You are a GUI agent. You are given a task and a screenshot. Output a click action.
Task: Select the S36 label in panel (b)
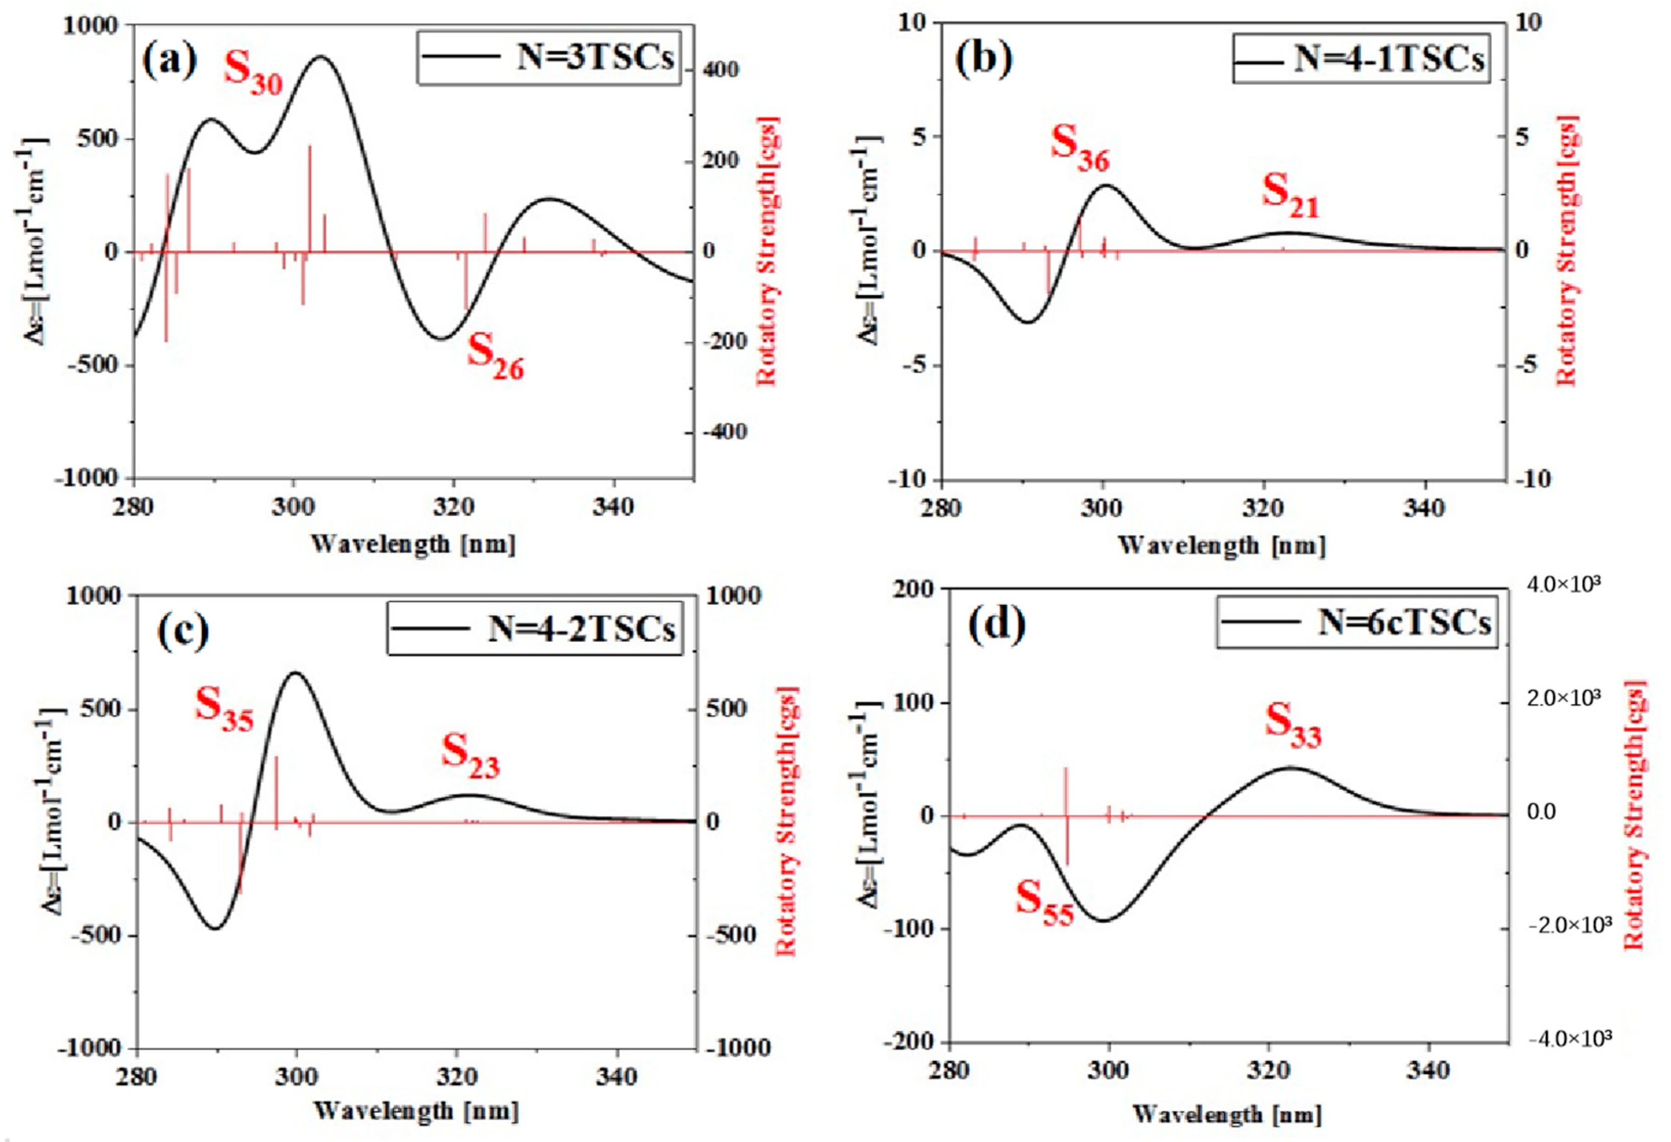tap(1079, 148)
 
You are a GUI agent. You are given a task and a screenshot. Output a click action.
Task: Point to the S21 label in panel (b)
tap(1291, 195)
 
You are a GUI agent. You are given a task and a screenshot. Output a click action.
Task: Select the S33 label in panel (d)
tap(1292, 724)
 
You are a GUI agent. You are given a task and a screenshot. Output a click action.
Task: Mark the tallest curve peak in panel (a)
tap(321, 56)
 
